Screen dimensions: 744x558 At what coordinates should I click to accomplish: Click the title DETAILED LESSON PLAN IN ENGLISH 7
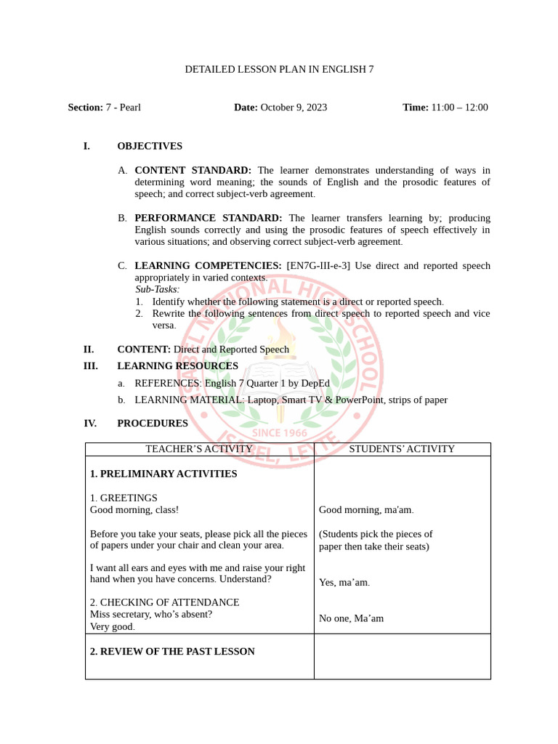[x=279, y=70]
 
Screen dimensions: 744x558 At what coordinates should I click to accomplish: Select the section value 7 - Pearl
[x=124, y=108]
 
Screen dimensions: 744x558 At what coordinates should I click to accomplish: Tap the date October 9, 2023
[x=294, y=108]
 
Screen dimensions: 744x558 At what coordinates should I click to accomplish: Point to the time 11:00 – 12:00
[x=459, y=108]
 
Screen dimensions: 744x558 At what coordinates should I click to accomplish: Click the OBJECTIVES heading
[x=150, y=146]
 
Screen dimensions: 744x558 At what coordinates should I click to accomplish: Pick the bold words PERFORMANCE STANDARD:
[x=209, y=218]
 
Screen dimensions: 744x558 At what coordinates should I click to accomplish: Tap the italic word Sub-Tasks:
[x=157, y=289]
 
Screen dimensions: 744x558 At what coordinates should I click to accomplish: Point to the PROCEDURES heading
[x=153, y=424]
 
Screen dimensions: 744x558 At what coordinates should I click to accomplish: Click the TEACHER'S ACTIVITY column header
[x=199, y=449]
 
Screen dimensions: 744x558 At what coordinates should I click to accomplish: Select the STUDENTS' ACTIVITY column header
[x=402, y=449]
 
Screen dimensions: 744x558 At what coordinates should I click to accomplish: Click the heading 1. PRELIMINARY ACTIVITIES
[x=163, y=474]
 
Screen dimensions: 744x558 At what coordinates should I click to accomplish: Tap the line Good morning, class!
[x=134, y=510]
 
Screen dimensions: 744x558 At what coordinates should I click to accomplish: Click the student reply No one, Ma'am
[x=351, y=618]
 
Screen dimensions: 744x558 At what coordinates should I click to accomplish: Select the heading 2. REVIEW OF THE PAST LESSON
[x=172, y=652]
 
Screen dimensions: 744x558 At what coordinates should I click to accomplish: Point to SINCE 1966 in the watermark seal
[x=279, y=433]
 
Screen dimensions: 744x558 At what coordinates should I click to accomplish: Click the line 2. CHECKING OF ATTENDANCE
[x=164, y=602]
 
